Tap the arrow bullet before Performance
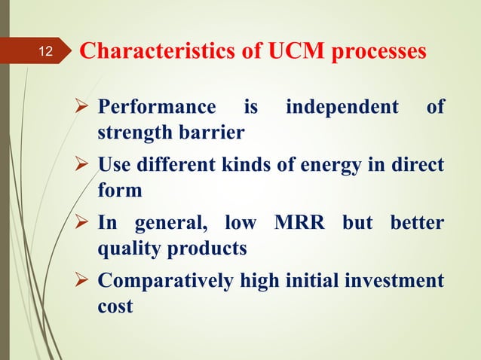(x=85, y=108)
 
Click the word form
(x=120, y=191)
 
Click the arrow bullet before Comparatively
(x=85, y=281)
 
